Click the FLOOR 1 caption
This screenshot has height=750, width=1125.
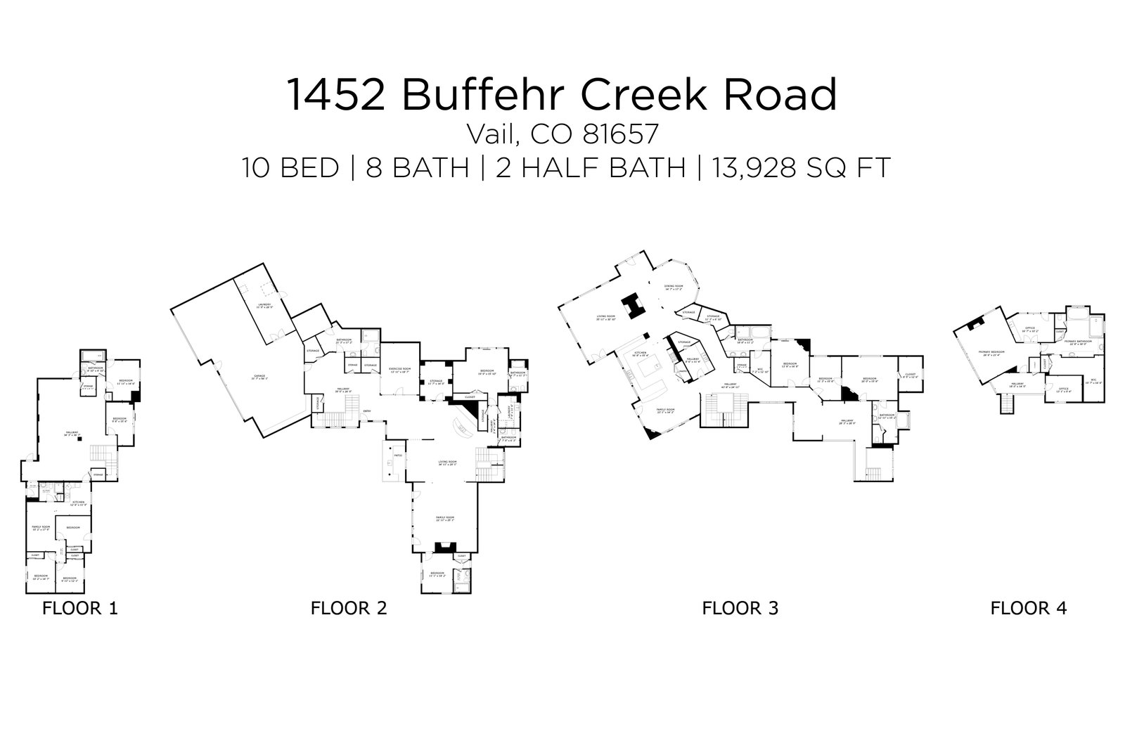[x=80, y=608]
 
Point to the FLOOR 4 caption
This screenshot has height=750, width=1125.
[x=1029, y=608]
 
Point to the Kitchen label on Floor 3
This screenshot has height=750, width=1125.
[x=641, y=354]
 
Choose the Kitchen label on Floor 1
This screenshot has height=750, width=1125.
[x=78, y=503]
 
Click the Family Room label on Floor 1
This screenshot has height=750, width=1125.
[x=41, y=526]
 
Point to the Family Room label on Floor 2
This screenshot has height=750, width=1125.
[x=445, y=518]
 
